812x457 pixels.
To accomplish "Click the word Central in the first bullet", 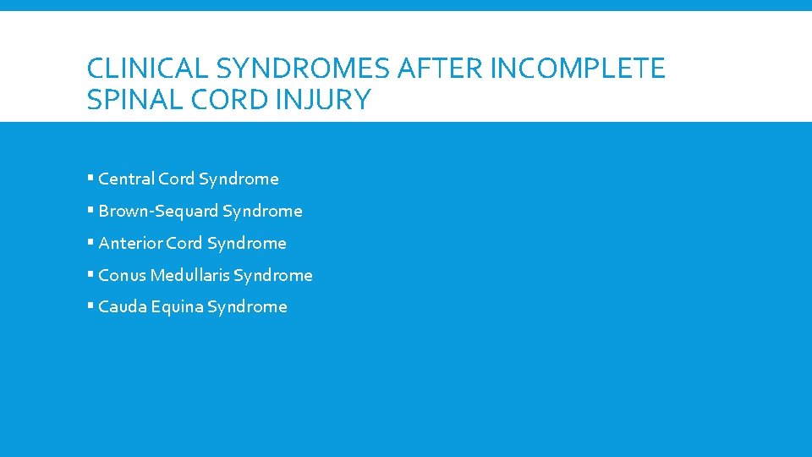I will pyautogui.click(x=127, y=179).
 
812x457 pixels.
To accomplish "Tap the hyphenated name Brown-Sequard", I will pyautogui.click(x=158, y=211).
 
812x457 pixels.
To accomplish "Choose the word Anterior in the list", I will pyautogui.click(x=130, y=243).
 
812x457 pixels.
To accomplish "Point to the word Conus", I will pyautogui.click(x=122, y=275).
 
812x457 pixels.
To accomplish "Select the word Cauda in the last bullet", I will pyautogui.click(x=123, y=307).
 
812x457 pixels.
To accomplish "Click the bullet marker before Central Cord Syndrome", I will pyautogui.click(x=90, y=179).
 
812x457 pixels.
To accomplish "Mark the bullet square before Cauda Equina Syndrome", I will pyautogui.click(x=90, y=307).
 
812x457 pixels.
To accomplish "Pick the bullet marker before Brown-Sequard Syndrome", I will pyautogui.click(x=90, y=211).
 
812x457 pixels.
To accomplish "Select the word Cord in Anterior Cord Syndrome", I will pyautogui.click(x=184, y=243).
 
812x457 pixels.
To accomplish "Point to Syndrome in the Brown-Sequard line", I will pyautogui.click(x=262, y=211).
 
